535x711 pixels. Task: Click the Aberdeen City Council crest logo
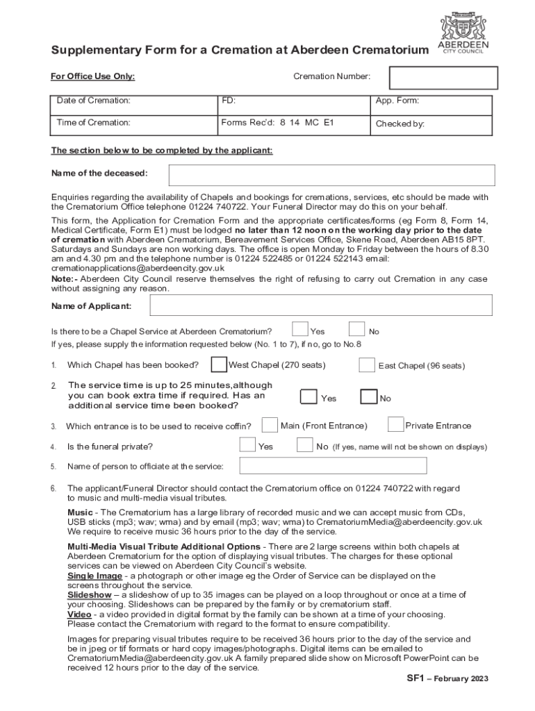461,26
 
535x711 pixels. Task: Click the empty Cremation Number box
443,78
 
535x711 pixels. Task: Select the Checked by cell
430,124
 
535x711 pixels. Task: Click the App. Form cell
430,105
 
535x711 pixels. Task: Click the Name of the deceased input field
332,175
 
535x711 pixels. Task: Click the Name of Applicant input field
320,306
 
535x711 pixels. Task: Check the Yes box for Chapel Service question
300,329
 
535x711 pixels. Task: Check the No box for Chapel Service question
356,329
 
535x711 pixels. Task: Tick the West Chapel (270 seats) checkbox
219,365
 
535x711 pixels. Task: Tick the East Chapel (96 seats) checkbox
367,365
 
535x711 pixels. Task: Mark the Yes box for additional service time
308,396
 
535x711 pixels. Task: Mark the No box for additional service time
368,396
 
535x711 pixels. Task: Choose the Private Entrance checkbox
395,424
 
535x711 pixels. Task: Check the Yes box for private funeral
247,445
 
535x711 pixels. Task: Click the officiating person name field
333,465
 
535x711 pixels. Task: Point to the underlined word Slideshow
89,595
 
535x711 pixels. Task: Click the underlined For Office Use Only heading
93,76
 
